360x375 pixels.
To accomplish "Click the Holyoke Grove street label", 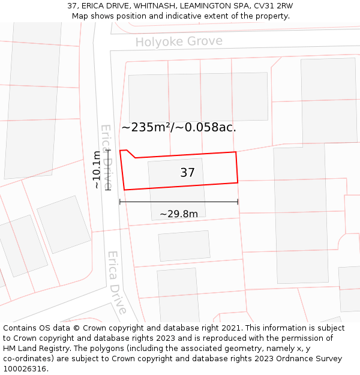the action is tap(179, 41).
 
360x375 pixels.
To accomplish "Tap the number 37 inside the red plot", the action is tap(187, 173).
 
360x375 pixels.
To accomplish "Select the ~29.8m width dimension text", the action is tap(179, 214).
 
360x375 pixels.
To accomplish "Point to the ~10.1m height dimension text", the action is tap(97, 170).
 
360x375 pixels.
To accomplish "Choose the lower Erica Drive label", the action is tap(117, 282).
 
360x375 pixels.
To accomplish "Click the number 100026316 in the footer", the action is tap(25, 369).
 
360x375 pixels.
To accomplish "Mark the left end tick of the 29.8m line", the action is tap(120, 202).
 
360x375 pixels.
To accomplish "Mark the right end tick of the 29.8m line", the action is tap(238, 202).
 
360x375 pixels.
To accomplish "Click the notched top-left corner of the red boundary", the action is tap(127, 151).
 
